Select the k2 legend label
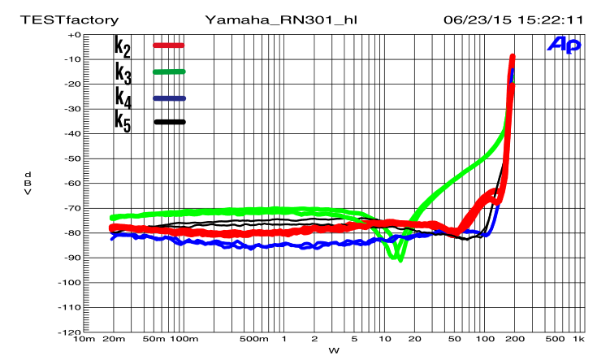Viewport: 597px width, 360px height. pyautogui.click(x=123, y=46)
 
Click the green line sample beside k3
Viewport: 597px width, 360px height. pyautogui.click(x=169, y=72)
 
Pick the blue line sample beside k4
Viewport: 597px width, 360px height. pyautogui.click(x=169, y=98)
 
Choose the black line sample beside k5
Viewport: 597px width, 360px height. pyautogui.click(x=169, y=122)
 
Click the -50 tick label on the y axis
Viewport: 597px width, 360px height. pyautogui.click(x=74, y=158)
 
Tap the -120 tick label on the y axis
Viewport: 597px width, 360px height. pyautogui.click(x=71, y=332)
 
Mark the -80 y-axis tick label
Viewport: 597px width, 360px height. pyautogui.click(x=74, y=233)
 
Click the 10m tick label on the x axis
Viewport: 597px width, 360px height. pyautogui.click(x=83, y=339)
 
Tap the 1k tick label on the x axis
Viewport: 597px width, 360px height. pyautogui.click(x=578, y=339)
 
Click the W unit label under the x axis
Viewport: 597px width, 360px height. pyautogui.click(x=332, y=350)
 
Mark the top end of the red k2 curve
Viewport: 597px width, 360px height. pyautogui.click(x=513, y=57)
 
